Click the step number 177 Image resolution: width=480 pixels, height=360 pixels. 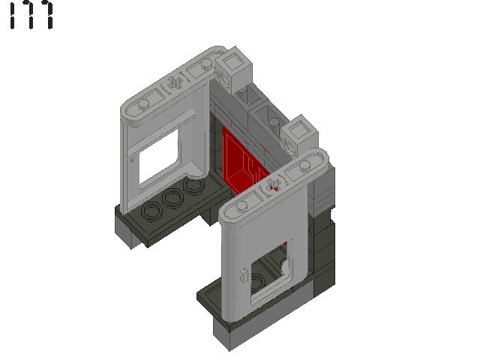(31, 16)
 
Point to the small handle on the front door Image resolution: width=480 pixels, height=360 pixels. (243, 274)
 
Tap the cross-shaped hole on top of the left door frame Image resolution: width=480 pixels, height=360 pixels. (173, 83)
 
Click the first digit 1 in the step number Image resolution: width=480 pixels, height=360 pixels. (13, 16)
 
